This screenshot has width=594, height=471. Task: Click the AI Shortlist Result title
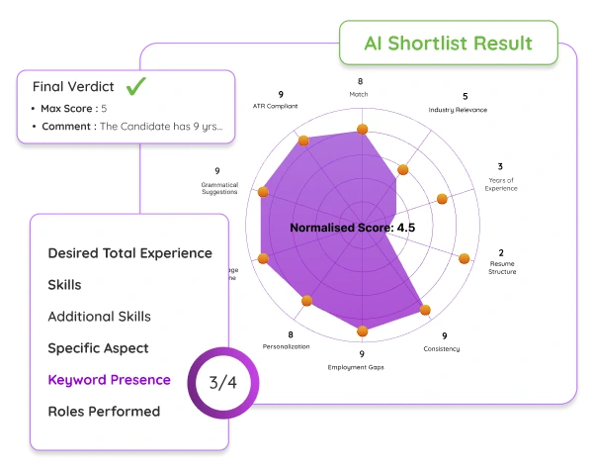(x=448, y=44)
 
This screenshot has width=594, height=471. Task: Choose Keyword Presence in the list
(x=109, y=379)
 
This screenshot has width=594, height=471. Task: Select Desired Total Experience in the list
(x=129, y=252)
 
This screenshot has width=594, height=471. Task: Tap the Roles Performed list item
(x=104, y=411)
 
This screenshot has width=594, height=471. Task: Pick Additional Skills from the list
(x=99, y=316)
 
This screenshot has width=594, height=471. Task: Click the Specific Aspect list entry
(x=98, y=347)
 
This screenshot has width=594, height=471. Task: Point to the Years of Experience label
(x=501, y=183)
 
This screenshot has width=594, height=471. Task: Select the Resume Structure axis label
(x=501, y=266)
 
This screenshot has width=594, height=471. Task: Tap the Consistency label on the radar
(x=442, y=348)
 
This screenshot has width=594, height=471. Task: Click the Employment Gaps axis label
(x=360, y=367)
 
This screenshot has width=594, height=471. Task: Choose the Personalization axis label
(x=287, y=346)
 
